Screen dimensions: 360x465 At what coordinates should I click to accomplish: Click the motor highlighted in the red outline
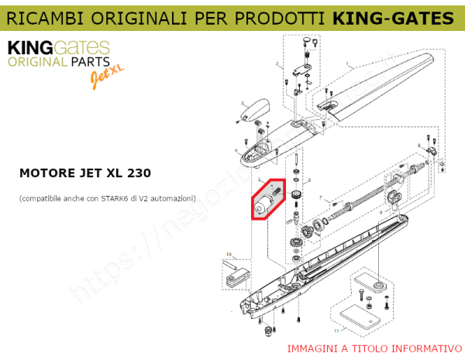263,201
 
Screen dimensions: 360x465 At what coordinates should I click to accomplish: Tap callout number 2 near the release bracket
276,63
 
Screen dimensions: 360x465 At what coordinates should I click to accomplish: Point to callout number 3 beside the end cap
242,102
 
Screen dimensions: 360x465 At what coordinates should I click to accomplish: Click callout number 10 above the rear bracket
228,253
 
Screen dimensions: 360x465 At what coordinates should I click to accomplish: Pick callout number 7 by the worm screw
320,198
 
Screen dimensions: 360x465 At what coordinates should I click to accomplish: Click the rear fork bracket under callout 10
235,273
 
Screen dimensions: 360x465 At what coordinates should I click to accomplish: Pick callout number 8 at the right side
419,145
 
